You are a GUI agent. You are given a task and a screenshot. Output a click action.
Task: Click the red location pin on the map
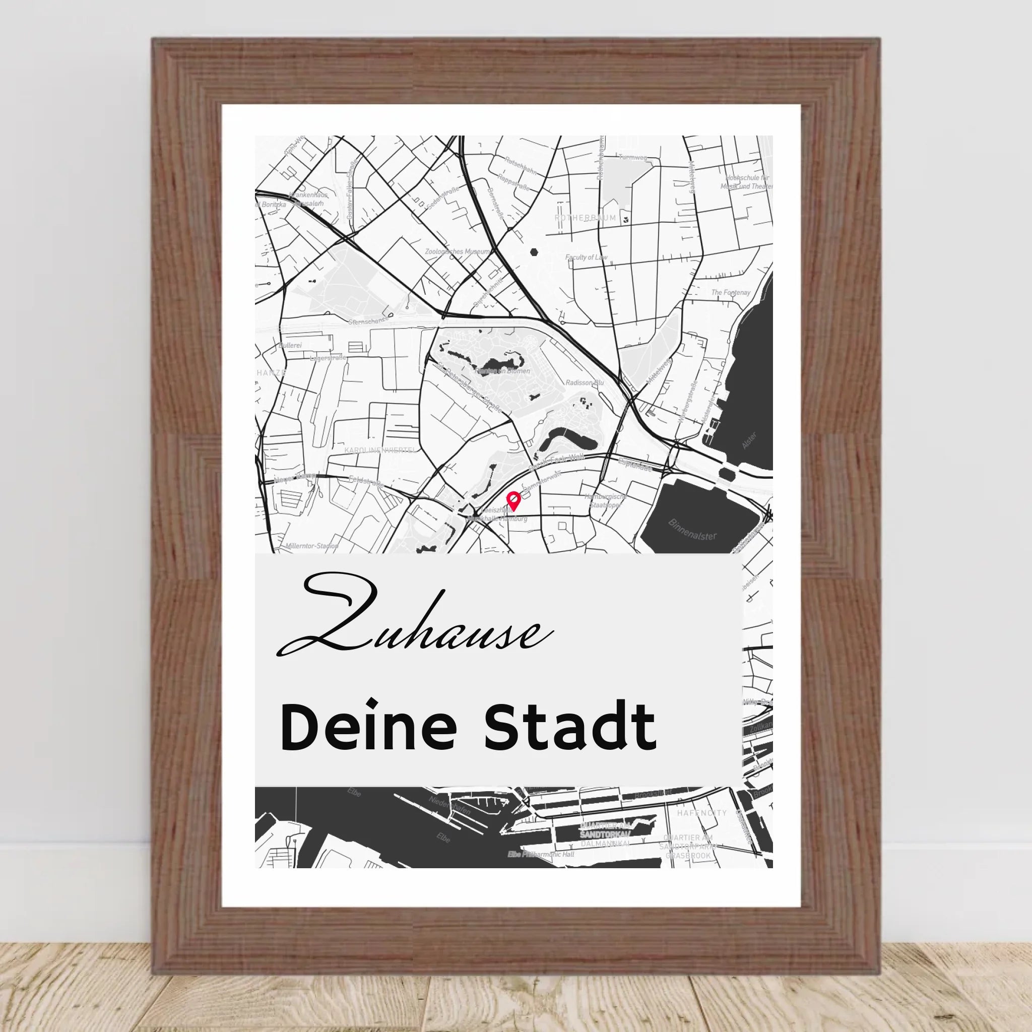click(513, 500)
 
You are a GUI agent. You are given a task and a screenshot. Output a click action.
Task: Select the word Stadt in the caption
click(569, 728)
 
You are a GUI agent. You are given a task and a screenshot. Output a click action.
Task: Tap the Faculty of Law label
click(586, 257)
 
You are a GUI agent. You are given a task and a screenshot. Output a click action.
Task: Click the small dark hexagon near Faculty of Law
click(534, 251)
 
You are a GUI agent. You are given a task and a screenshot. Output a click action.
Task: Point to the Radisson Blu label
click(585, 382)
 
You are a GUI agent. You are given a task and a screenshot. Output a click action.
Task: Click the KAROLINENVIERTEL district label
click(380, 450)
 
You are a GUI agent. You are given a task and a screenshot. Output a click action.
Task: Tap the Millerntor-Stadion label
click(312, 546)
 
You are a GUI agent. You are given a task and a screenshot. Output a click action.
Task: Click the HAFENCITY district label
click(702, 813)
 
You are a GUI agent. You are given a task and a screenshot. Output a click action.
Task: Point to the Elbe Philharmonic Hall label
click(541, 854)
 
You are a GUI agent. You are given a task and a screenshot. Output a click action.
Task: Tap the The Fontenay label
click(730, 293)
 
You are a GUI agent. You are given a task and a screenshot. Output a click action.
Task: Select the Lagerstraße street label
click(328, 358)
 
